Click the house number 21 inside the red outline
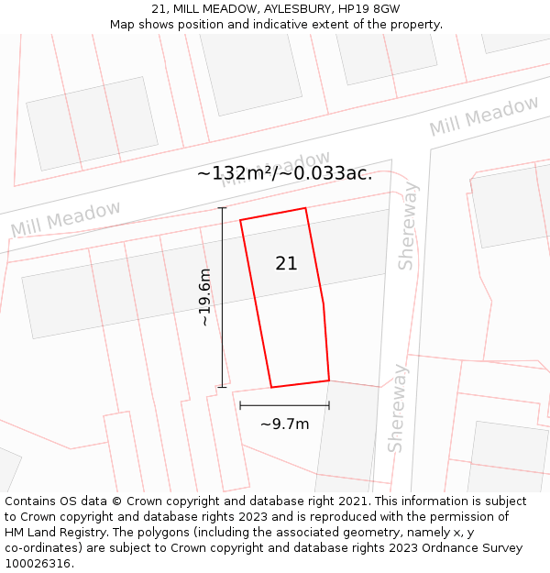point(286,264)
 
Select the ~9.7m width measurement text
point(284,424)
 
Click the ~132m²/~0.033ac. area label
point(284,173)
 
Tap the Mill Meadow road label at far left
point(65,220)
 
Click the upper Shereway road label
point(406,226)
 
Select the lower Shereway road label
point(396,408)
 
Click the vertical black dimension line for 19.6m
point(222,297)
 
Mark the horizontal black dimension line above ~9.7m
point(284,404)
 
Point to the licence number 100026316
point(38,564)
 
